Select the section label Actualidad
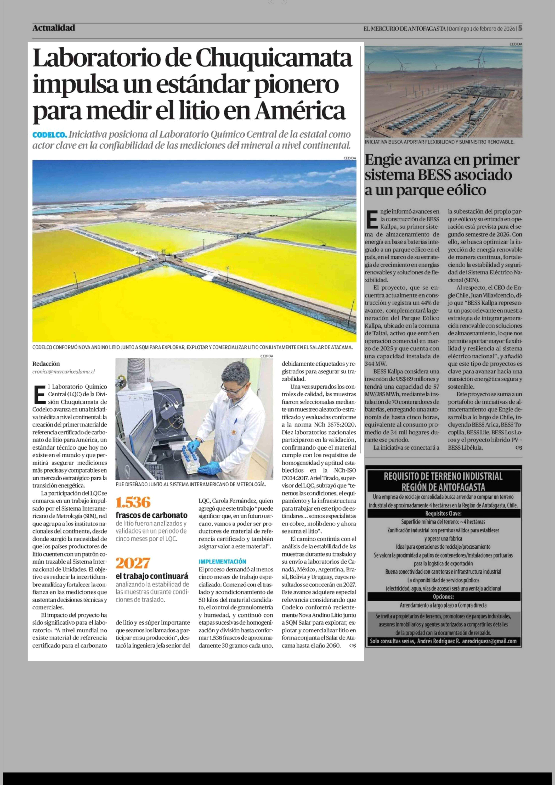point(54,28)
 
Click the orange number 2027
point(133,563)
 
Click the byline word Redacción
point(46,363)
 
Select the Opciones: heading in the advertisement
point(443,597)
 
